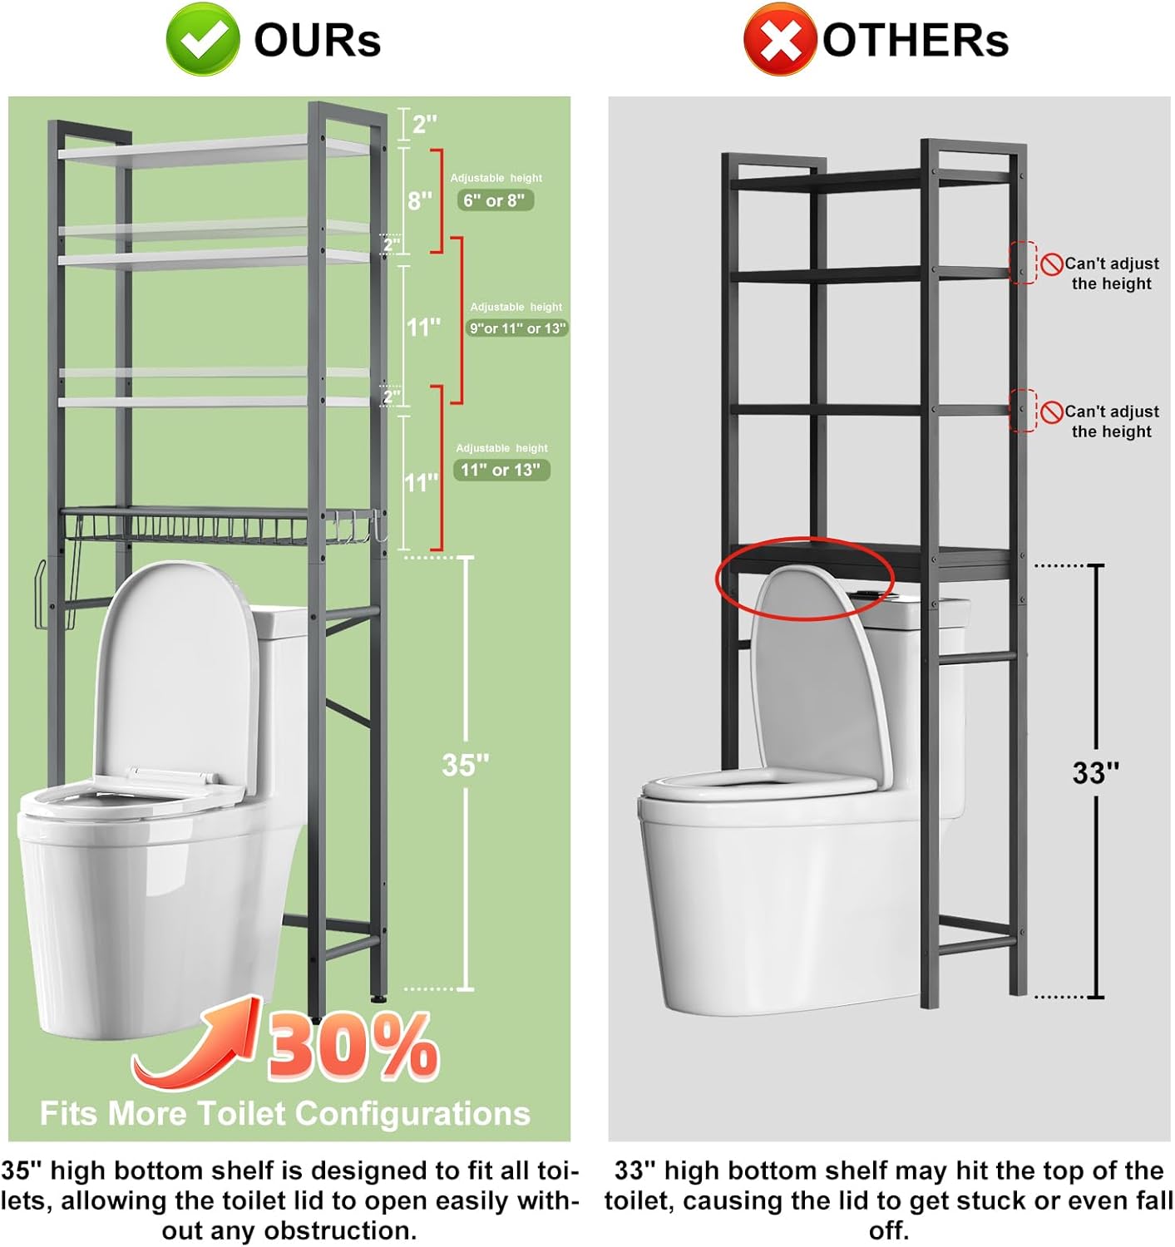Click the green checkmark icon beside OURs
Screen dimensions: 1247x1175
(x=202, y=39)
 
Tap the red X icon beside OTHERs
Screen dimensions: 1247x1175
(x=778, y=39)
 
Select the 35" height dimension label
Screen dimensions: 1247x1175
(x=465, y=765)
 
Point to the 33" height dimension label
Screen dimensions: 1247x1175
(x=1095, y=773)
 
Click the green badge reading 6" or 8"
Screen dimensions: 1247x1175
(x=495, y=200)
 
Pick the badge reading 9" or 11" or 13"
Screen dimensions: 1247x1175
(x=517, y=328)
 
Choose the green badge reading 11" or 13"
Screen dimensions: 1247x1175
(x=501, y=470)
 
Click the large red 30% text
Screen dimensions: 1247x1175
(x=353, y=1047)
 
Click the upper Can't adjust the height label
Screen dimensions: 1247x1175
(x=1111, y=274)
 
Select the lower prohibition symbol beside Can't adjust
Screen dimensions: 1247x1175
(x=1052, y=412)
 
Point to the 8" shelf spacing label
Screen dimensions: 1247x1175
(x=420, y=200)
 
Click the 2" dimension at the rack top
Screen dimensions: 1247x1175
(x=424, y=125)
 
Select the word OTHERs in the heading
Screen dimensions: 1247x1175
(x=915, y=40)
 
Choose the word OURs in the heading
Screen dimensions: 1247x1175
(x=317, y=40)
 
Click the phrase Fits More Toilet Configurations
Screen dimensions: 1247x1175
(x=285, y=1113)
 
